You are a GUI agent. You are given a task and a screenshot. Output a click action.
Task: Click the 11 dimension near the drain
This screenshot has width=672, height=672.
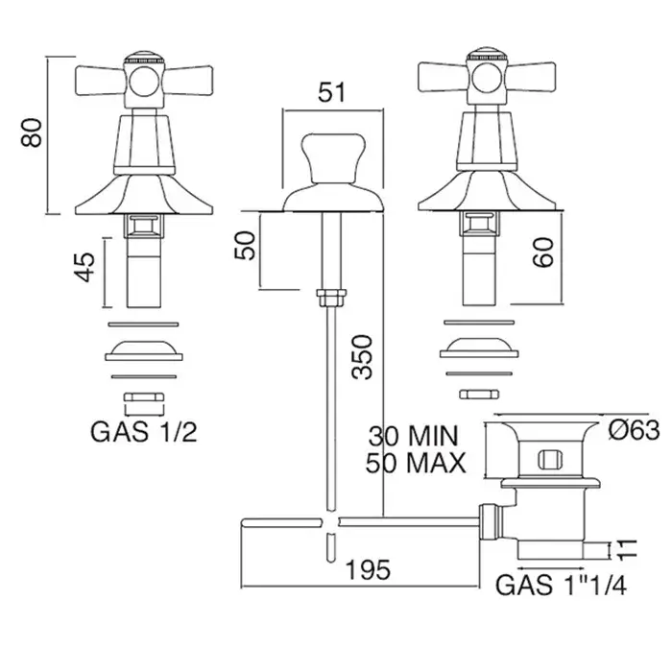[627, 550]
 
